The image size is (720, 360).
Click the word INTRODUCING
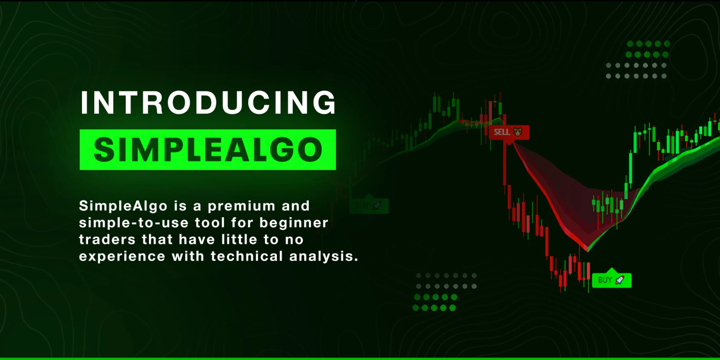208,102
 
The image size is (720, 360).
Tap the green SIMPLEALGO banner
208,149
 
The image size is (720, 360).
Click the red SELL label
509,132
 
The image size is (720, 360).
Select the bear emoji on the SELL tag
518,132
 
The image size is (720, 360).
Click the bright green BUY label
612,280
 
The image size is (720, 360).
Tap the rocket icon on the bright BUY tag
620,280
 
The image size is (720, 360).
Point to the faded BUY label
369,205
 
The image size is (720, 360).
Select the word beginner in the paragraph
294,223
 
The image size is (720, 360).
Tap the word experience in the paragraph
122,257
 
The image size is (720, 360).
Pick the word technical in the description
247,256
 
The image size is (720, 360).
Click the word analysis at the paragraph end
324,257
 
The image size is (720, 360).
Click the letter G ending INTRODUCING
325,102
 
